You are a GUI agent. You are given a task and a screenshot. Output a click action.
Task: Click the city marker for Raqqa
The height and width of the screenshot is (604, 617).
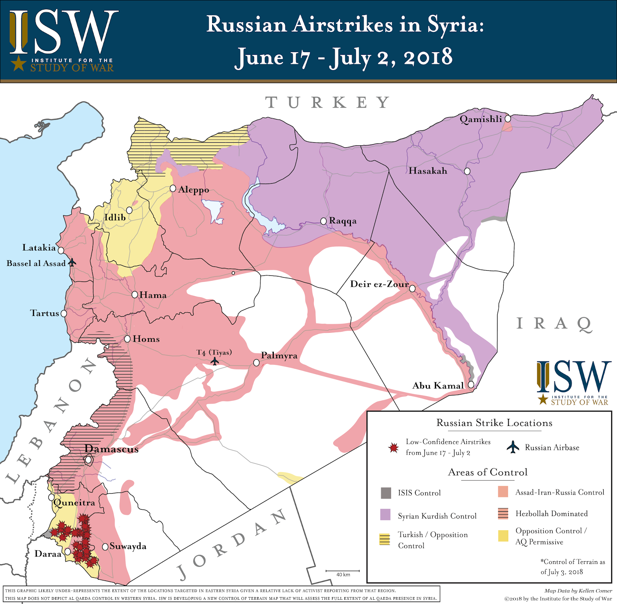tap(324, 221)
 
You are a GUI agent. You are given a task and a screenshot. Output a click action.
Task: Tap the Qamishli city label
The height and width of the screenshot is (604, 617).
tap(480, 119)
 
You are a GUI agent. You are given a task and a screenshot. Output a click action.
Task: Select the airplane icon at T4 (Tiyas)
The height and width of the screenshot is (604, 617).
tap(215, 361)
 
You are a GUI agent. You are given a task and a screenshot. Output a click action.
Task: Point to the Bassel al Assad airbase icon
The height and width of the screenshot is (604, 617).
tap(72, 263)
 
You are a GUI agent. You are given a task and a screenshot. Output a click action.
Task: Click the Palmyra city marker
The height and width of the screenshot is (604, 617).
tap(256, 363)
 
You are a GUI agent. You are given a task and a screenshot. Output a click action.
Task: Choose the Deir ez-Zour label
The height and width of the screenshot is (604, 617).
tap(379, 284)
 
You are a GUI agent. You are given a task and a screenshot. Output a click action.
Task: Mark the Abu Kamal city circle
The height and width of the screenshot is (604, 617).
tap(471, 385)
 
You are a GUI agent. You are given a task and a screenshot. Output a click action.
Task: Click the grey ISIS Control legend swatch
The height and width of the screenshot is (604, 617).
tap(386, 493)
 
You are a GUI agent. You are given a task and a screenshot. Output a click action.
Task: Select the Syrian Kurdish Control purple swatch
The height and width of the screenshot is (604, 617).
tap(386, 515)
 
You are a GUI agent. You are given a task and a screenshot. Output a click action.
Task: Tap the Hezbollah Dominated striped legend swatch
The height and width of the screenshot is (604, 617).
tap(503, 513)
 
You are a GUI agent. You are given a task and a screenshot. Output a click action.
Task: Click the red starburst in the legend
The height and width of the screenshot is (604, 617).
tap(393, 447)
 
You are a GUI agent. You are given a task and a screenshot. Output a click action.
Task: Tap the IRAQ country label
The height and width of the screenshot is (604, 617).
tap(554, 324)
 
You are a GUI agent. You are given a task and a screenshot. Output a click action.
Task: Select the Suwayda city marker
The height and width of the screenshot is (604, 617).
tap(105, 547)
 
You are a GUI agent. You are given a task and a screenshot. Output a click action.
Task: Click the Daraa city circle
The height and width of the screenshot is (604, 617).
tap(68, 552)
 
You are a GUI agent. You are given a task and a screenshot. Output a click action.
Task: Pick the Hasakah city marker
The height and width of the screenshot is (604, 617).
tap(467, 171)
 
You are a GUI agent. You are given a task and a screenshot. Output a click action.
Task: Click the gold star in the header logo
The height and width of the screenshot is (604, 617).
tap(18, 63)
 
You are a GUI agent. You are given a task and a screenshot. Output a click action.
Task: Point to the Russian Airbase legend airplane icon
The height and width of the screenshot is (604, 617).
tap(513, 447)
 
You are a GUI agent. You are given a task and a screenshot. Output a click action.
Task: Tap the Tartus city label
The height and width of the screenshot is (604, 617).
tap(44, 313)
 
